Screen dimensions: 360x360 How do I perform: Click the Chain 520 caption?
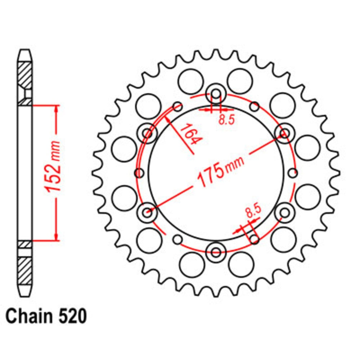coord(46,317)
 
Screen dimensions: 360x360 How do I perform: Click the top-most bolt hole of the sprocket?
coord(216,94)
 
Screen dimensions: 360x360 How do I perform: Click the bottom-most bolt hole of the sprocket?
coord(216,252)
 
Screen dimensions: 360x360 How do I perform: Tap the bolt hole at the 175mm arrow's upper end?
coord(284,134)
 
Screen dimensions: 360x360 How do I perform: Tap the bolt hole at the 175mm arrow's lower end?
coord(147,212)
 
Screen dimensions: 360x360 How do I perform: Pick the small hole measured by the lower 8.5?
coord(254,239)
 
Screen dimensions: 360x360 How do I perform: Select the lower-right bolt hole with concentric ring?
coord(284,212)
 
